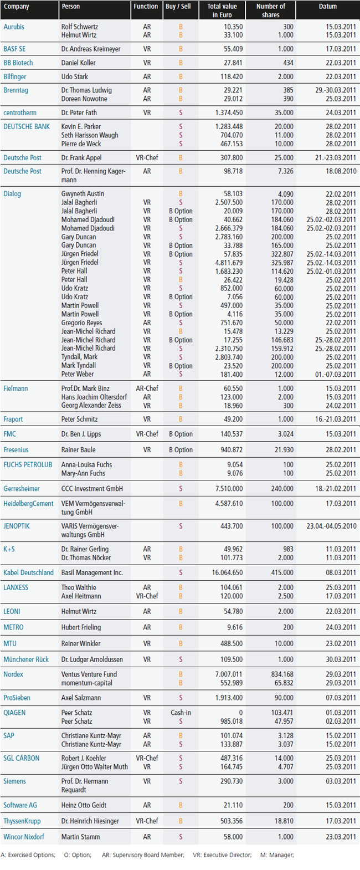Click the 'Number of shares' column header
pyautogui.click(x=270, y=11)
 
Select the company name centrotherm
pyautogui.click(x=20, y=112)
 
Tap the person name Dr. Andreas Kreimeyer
pyautogui.click(x=91, y=49)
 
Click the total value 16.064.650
pyautogui.click(x=227, y=572)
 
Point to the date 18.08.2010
pyautogui.click(x=341, y=171)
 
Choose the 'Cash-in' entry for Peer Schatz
pyautogui.click(x=181, y=713)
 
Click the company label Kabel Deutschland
pyautogui.click(x=28, y=572)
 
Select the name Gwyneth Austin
pyautogui.click(x=83, y=194)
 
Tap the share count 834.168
pyautogui.click(x=282, y=674)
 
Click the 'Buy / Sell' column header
pyautogui.click(x=178, y=6)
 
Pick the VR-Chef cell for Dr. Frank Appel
pyautogui.click(x=147, y=158)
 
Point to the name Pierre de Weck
pyautogui.click(x=81, y=144)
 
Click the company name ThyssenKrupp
pyautogui.click(x=22, y=821)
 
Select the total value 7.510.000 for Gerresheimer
pyautogui.click(x=229, y=489)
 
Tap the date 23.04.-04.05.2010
pyautogui.click(x=331, y=526)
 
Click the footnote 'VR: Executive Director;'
pyautogui.click(x=222, y=855)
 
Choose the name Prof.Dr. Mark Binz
pyautogui.click(x=85, y=388)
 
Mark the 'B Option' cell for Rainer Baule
pyautogui.click(x=181, y=450)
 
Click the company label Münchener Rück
pyautogui.click(x=26, y=659)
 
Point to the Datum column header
pyautogui.click(x=328, y=6)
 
